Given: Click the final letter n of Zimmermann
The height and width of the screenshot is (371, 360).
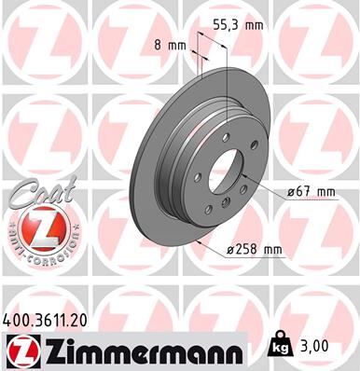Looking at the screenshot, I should [x=238, y=351].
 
